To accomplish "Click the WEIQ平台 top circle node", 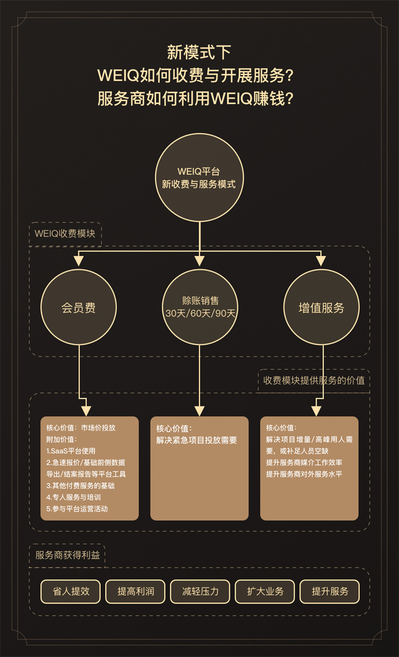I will [x=199, y=178].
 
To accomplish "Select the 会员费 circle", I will [x=79, y=308].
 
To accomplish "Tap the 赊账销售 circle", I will [x=199, y=307].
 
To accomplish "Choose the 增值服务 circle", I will [x=321, y=308].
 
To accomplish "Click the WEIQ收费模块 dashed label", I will [x=65, y=234].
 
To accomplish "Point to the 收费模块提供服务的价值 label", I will [x=314, y=381].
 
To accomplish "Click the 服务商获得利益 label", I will [x=67, y=555].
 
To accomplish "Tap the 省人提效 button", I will [x=71, y=592].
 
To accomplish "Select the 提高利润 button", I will [x=136, y=592].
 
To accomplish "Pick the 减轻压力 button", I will [x=200, y=592].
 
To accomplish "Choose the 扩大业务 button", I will [x=265, y=592].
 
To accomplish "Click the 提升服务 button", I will [x=330, y=592].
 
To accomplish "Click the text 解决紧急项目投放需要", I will [x=196, y=440].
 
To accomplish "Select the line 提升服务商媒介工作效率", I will [x=304, y=463].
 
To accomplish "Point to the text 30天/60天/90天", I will [x=199, y=314].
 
